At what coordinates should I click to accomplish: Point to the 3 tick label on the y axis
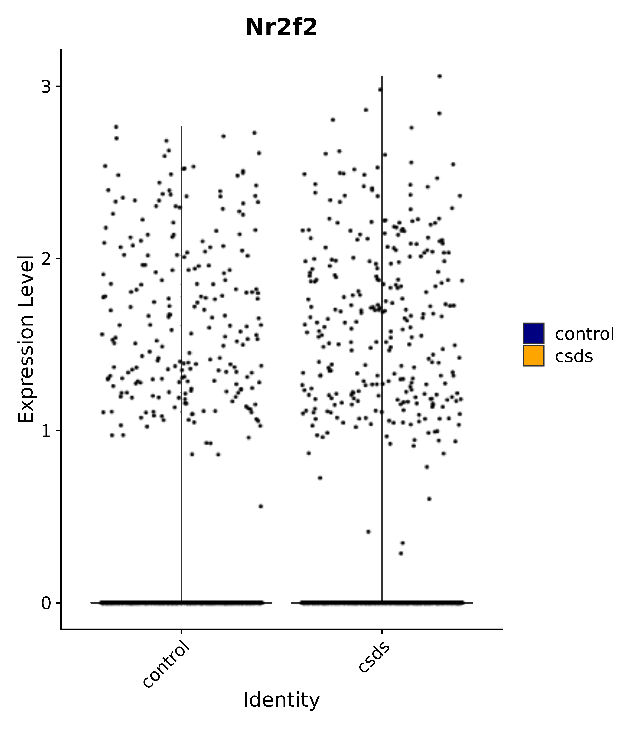click(x=46, y=87)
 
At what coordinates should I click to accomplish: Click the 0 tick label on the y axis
click(x=46, y=603)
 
